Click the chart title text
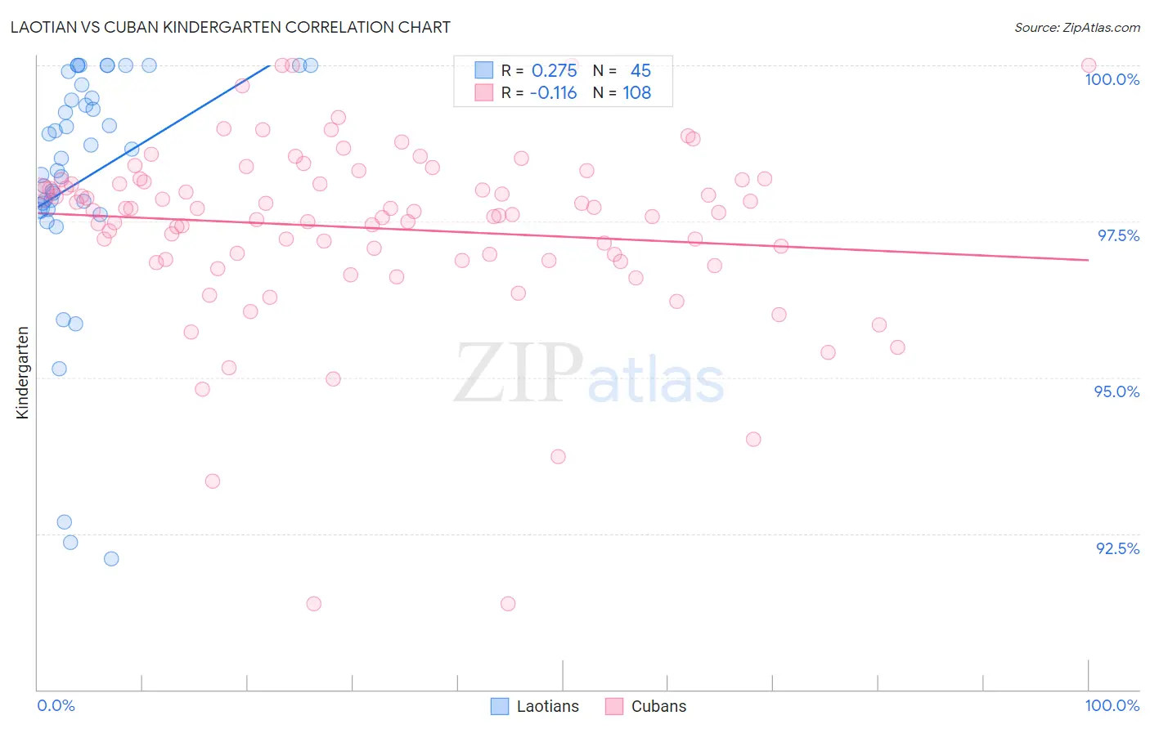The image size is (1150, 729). (231, 27)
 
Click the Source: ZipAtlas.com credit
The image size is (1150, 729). (1076, 27)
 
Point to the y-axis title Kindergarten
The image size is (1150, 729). (22, 373)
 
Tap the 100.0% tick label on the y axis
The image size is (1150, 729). (1112, 79)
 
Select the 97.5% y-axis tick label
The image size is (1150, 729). (1117, 235)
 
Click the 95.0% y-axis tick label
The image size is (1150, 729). (1116, 391)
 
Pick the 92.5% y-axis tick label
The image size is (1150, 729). (1117, 548)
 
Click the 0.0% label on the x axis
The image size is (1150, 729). (56, 705)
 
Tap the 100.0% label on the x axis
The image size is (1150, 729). (1112, 705)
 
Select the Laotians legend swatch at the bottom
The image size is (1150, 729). (500, 706)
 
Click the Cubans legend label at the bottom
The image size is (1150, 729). (658, 706)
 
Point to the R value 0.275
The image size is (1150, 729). (554, 71)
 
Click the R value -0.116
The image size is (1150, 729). (553, 93)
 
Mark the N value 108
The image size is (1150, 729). (637, 93)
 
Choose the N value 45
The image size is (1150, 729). (640, 71)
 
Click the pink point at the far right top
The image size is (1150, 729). (1088, 65)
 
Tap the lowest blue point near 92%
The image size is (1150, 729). (111, 559)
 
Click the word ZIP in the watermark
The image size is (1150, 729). (518, 373)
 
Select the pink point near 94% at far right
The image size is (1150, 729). (753, 440)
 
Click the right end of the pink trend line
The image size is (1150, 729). (1088, 260)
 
